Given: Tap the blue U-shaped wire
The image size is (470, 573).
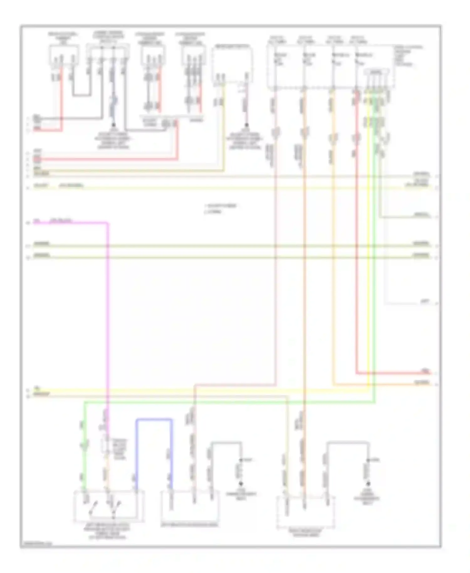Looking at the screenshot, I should [154, 419].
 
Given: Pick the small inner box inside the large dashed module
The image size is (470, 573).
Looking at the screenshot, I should [376, 72].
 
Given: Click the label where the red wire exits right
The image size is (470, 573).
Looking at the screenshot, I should [425, 371].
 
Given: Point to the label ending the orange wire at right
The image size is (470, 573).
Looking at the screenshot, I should [422, 383].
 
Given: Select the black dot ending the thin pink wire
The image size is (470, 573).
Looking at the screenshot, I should [246, 125].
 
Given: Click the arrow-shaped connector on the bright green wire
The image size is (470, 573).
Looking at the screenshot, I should [84, 444].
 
